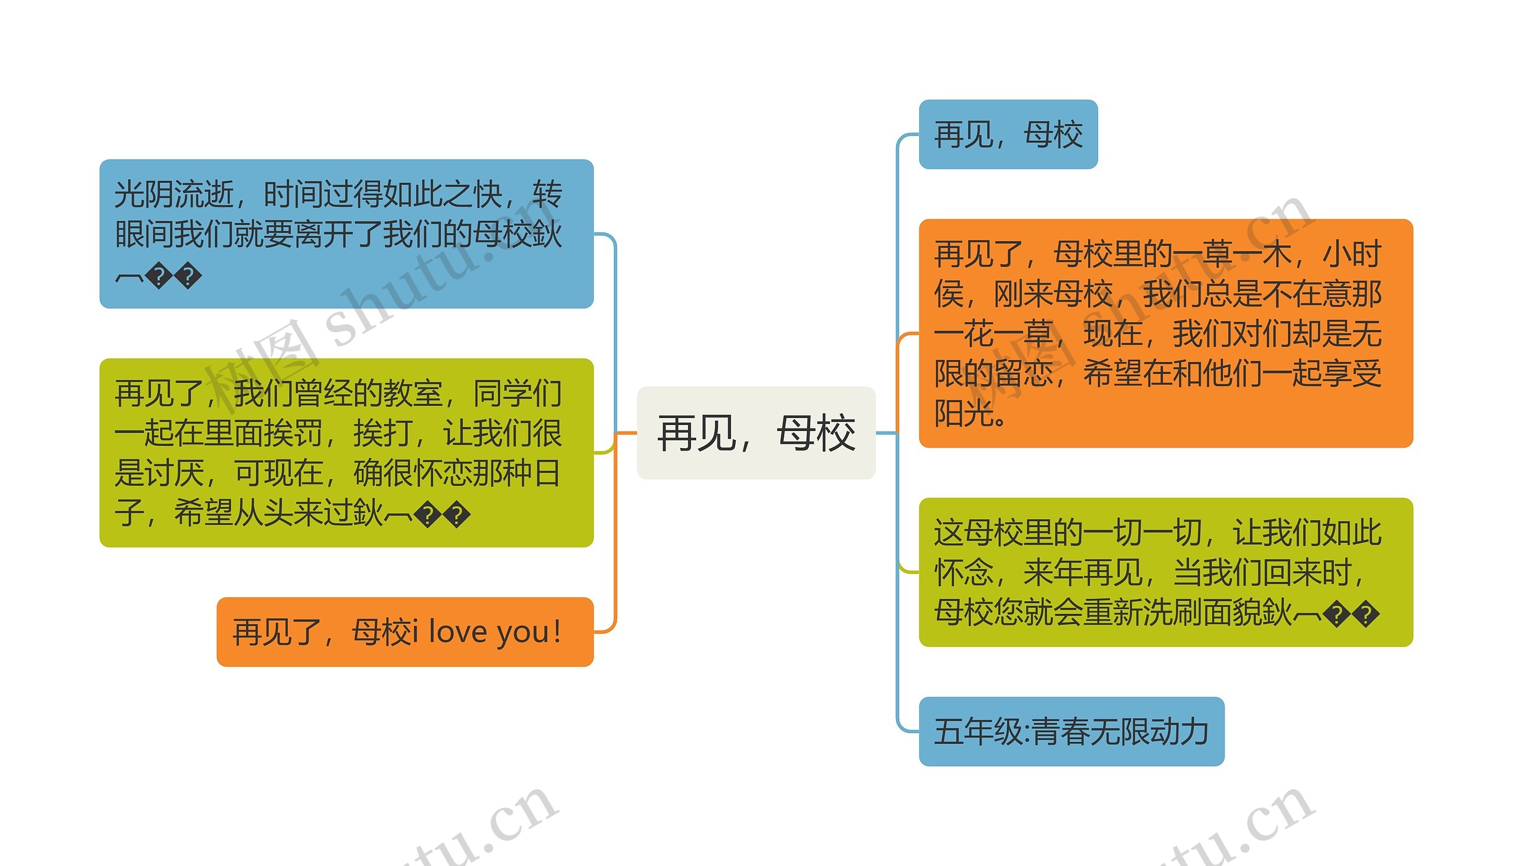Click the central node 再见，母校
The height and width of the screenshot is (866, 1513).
click(x=755, y=433)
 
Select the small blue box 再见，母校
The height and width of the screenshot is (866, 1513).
click(x=1008, y=134)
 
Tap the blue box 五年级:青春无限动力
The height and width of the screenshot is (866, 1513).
click(x=1071, y=732)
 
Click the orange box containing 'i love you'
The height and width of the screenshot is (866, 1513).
click(x=405, y=632)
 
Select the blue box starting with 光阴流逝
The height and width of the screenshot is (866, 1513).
click(x=346, y=233)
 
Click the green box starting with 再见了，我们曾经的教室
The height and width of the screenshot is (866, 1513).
click(x=346, y=453)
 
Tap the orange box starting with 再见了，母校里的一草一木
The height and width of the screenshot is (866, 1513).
click(x=1165, y=333)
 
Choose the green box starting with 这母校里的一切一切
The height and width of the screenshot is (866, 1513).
click(x=1165, y=572)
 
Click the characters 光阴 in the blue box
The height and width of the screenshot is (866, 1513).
click(x=144, y=194)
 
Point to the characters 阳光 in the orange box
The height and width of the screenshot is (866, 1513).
click(x=964, y=413)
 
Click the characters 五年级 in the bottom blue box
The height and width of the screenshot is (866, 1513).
click(x=979, y=732)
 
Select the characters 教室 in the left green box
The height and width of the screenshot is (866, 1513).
click(x=413, y=393)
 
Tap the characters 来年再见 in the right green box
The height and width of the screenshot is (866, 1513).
click(x=1083, y=573)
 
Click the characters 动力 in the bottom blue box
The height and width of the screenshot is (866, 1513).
click(x=1180, y=732)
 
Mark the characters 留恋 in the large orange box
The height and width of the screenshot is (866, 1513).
click(x=1023, y=374)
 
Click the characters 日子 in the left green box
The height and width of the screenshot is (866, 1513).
click(x=546, y=473)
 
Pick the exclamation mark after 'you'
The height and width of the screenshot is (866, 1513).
click(x=557, y=632)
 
